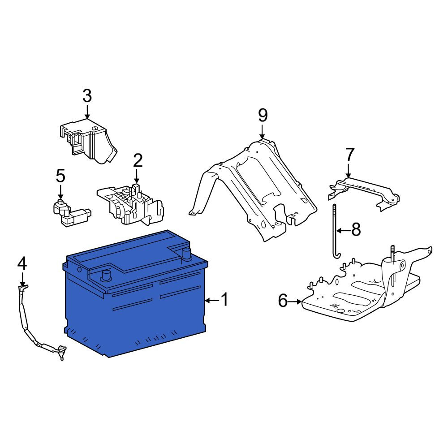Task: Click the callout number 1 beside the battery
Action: click(225, 299)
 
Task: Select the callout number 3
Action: click(87, 96)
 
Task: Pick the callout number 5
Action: click(60, 176)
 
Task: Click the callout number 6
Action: click(283, 301)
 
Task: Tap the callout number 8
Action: click(356, 230)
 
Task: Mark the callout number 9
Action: click(263, 116)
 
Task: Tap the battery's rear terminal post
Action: click(186, 254)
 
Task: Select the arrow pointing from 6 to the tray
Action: click(295, 301)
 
